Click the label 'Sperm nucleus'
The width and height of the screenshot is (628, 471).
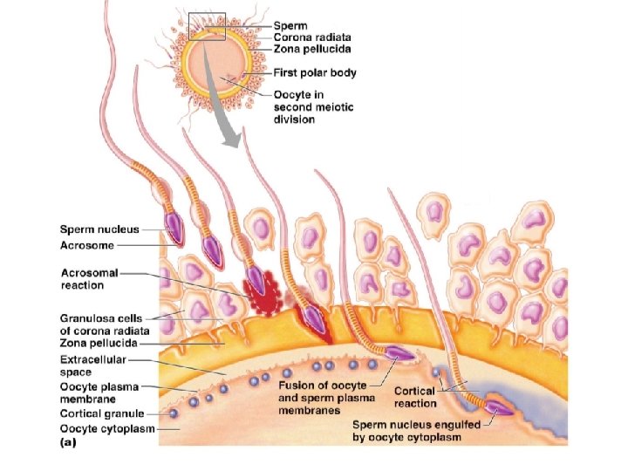point(99,229)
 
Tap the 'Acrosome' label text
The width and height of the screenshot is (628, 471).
point(85,245)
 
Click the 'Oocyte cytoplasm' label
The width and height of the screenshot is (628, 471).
point(100,427)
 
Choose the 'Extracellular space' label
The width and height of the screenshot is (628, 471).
point(92,365)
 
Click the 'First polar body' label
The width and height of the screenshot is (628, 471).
point(315,72)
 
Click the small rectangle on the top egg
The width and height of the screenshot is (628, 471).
point(206,25)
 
